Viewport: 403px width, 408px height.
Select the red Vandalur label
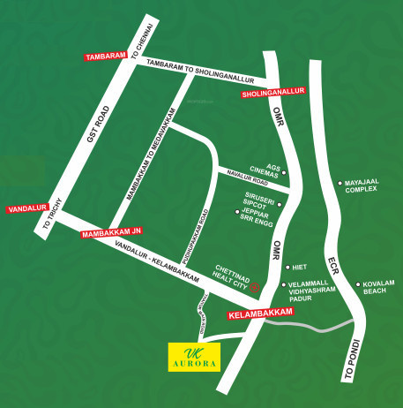pos(25,210)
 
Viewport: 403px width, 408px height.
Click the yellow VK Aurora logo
pos(194,356)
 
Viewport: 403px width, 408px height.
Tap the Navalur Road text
pos(250,180)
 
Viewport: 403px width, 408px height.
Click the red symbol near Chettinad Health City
pos(255,288)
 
